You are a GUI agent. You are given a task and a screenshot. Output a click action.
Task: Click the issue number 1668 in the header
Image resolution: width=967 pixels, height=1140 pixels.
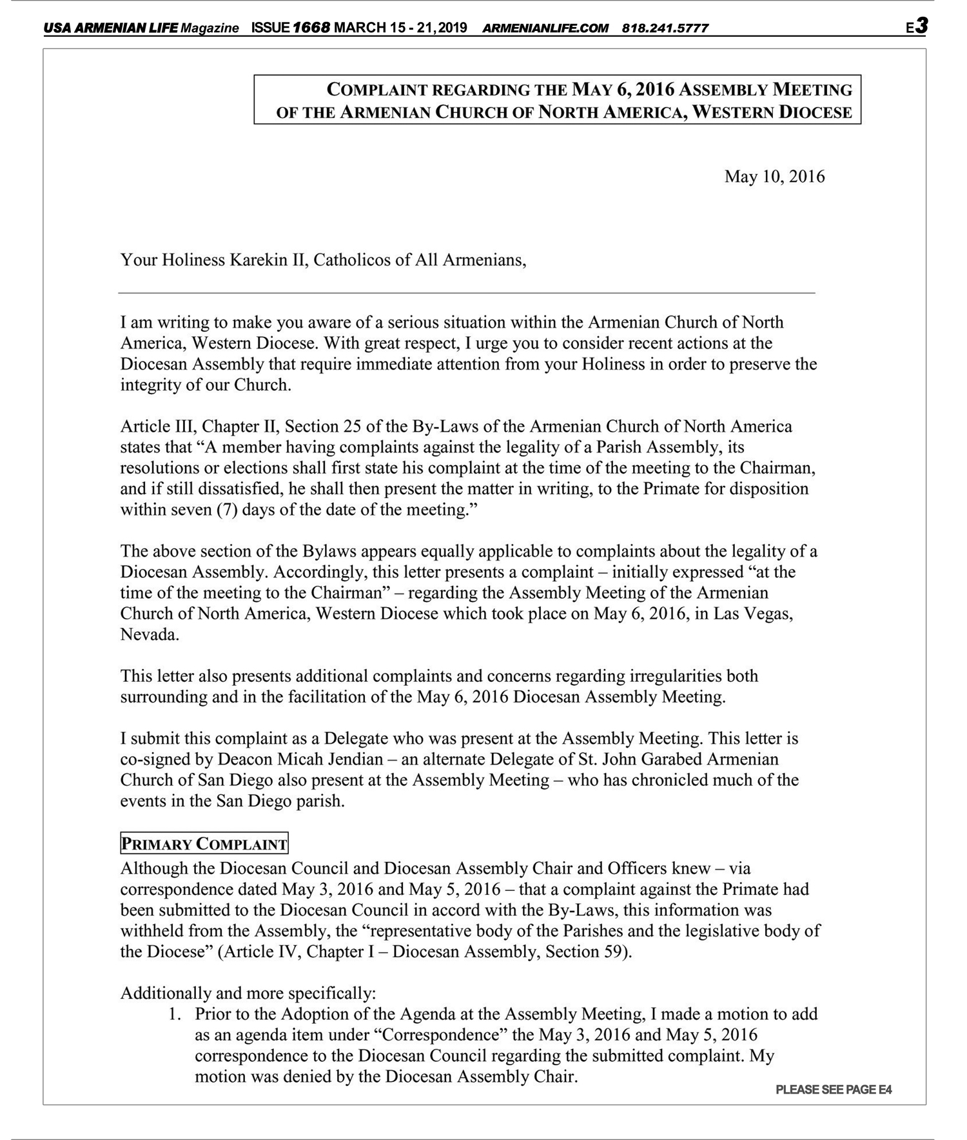[311, 28]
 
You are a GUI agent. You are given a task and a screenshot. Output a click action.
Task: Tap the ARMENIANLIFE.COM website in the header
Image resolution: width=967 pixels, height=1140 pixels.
[545, 28]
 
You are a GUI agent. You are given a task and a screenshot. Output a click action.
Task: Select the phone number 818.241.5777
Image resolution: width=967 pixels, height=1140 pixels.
[665, 28]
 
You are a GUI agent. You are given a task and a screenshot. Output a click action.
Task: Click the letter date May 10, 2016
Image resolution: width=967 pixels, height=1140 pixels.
[774, 177]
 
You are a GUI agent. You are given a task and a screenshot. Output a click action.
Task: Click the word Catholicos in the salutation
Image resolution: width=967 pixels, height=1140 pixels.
[351, 260]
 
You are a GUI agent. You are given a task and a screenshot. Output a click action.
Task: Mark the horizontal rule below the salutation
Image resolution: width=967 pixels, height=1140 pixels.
[466, 293]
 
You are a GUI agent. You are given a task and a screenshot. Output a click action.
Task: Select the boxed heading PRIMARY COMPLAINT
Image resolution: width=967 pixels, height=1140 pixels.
[204, 844]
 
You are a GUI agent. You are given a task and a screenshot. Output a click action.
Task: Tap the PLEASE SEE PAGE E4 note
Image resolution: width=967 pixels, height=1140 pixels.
[834, 1090]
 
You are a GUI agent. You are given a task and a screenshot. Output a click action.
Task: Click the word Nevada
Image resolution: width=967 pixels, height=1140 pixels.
[150, 634]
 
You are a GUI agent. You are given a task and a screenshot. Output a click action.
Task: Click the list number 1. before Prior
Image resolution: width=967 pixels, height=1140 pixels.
[174, 1014]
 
